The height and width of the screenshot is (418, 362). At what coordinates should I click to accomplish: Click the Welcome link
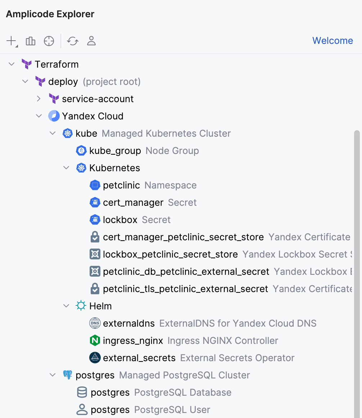coord(332,41)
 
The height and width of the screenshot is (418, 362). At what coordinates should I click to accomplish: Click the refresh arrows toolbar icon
coord(73,41)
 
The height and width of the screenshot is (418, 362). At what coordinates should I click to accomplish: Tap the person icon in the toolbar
coord(91,41)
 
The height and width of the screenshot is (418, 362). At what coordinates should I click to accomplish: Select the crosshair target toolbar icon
coord(49,41)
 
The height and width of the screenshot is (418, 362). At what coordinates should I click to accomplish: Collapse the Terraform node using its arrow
coord(12,64)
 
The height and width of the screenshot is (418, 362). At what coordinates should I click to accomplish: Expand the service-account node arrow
coord(39,99)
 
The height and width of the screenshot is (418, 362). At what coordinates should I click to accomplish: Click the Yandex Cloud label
coord(92,116)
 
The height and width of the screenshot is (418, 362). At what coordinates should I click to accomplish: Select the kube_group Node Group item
coord(115,151)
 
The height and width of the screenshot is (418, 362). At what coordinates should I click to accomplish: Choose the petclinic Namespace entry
coord(121,185)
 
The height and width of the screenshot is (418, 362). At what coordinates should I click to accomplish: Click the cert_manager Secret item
coord(133,203)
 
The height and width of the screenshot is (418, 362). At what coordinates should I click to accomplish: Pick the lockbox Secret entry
coord(120,220)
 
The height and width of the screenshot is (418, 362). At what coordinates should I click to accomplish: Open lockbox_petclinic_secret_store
coord(170,254)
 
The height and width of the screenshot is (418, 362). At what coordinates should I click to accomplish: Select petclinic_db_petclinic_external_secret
coord(186,272)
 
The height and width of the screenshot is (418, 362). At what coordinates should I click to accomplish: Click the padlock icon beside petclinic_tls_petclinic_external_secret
coord(95,289)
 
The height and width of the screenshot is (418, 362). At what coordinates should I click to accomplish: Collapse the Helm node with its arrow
coord(66,306)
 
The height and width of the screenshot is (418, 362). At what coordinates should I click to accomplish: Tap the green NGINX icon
coord(95,341)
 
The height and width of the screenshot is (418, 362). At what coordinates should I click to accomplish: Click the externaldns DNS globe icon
coord(95,323)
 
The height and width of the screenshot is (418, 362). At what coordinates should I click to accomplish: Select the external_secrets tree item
coord(139,358)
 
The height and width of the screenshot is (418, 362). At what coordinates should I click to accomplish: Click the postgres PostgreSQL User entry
coord(110,410)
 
